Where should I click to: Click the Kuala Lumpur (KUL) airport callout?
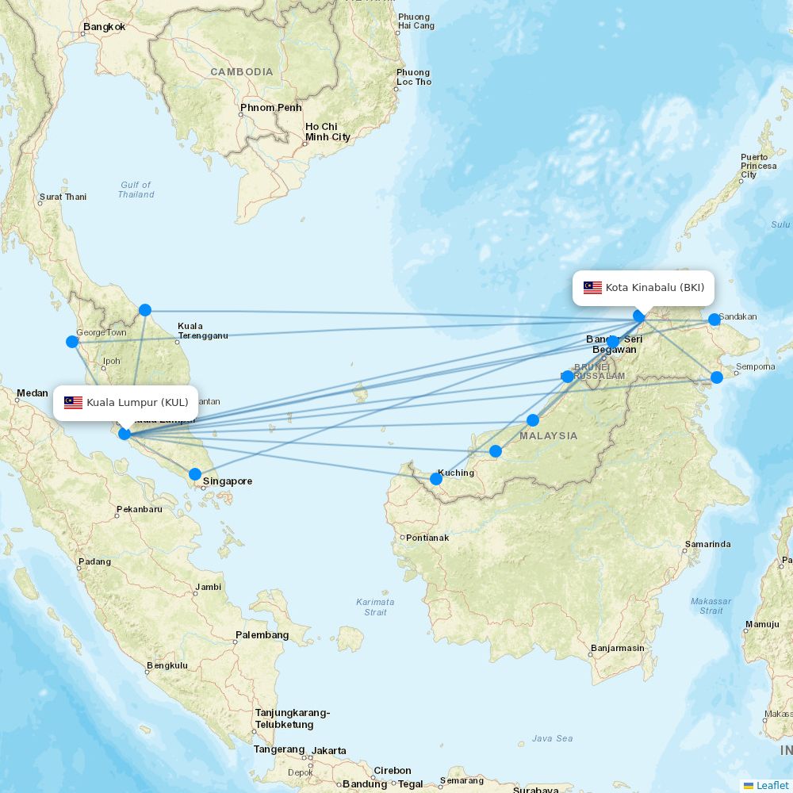(126, 403)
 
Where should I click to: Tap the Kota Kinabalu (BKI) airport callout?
(643, 288)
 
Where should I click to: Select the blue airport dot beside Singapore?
(195, 474)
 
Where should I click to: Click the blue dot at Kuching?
(436, 479)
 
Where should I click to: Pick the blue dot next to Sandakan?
(714, 320)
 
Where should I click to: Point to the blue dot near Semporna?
(717, 377)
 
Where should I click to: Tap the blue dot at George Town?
(72, 342)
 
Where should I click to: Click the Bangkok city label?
(105, 27)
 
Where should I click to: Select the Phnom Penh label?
(271, 108)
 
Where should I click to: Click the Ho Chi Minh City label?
(328, 132)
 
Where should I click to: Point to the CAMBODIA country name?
(241, 72)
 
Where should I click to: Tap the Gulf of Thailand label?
(136, 190)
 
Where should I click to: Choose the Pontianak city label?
(427, 538)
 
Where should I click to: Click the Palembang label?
(262, 635)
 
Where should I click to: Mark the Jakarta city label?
(329, 751)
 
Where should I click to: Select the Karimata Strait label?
(375, 607)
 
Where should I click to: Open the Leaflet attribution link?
(772, 785)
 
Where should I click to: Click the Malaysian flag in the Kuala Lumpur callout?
(74, 403)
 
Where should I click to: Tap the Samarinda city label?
(708, 545)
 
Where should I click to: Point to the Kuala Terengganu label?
(202, 331)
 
